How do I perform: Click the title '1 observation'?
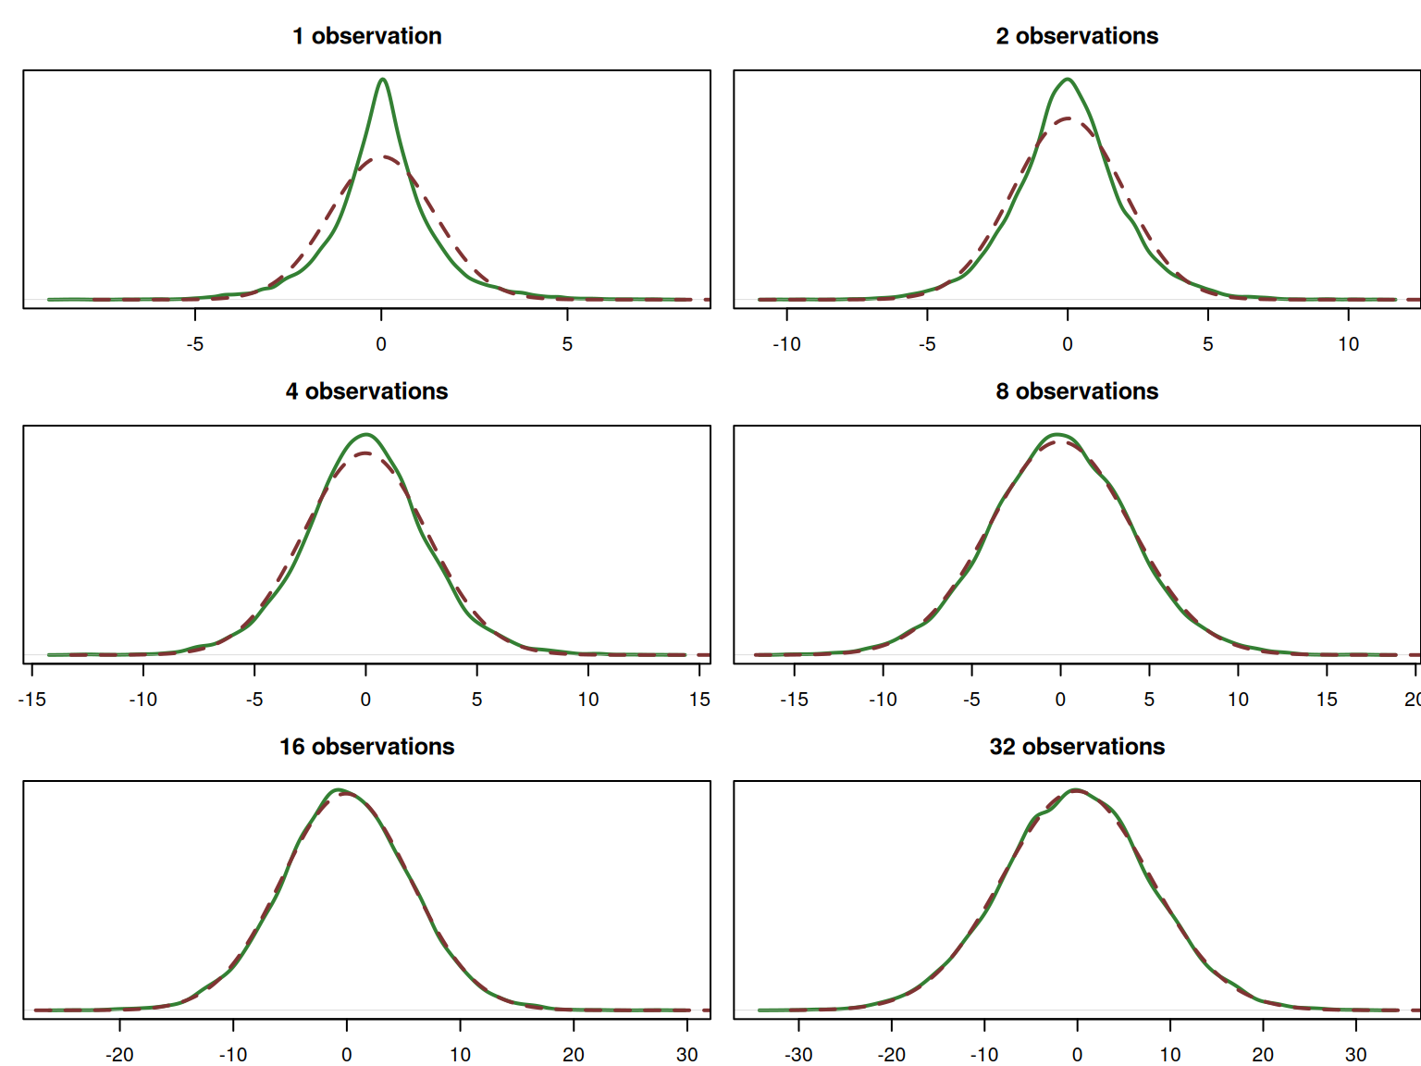[x=366, y=36]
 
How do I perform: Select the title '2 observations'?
[x=1077, y=36]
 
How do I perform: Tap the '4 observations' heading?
[x=366, y=391]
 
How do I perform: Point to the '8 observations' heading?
[x=1077, y=391]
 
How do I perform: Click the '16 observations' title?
[x=366, y=747]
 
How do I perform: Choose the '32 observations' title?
[x=1077, y=747]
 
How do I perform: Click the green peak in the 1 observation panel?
[x=382, y=80]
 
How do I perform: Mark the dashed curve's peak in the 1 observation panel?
[x=382, y=157]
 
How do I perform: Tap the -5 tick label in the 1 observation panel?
[x=194, y=344]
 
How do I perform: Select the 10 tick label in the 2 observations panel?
[x=1348, y=344]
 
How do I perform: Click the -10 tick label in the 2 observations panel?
[x=786, y=344]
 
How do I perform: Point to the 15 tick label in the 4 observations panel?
[x=699, y=700]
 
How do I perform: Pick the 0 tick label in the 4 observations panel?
[x=365, y=700]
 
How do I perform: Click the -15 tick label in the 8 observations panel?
[x=794, y=700]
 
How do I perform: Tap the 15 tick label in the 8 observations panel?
[x=1327, y=700]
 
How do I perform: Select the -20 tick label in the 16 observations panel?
[x=119, y=1055]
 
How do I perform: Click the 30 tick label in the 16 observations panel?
[x=686, y=1055]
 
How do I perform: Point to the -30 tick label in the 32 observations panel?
[x=798, y=1055]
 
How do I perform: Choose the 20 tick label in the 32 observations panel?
[x=1263, y=1055]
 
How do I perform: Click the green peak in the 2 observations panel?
[x=1068, y=80]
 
